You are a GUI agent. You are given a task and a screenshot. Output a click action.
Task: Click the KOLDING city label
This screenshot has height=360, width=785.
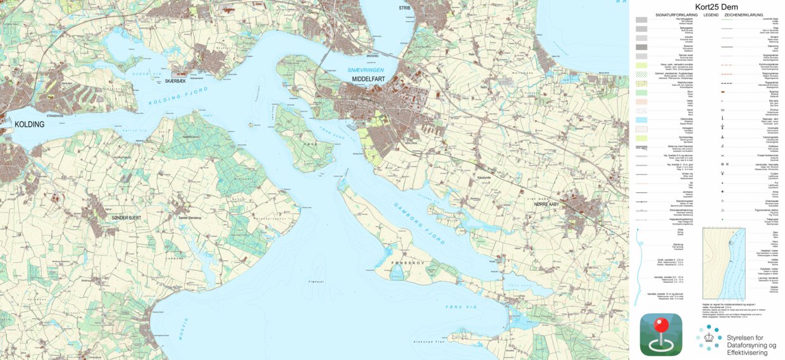pos(28,125)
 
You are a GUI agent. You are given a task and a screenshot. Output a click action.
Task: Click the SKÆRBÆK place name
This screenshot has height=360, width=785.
pos(175,82)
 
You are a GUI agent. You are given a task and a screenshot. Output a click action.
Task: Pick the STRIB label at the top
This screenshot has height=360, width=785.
pos(404,8)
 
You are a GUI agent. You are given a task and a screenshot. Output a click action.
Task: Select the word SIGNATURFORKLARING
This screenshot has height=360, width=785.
pos(676,14)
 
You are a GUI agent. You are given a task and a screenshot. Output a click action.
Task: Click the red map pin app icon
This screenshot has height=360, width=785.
pos(661,333)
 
